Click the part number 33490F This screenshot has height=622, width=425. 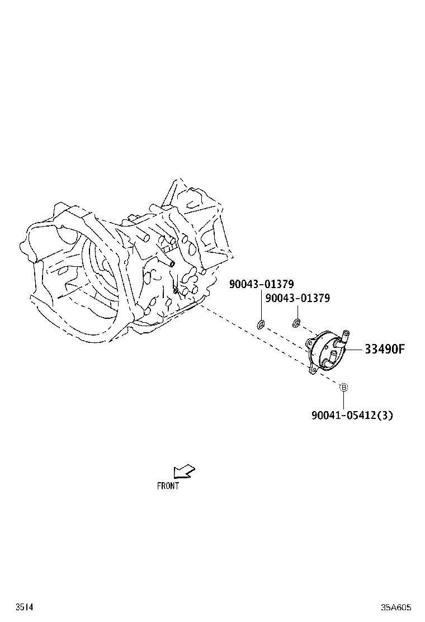(x=384, y=349)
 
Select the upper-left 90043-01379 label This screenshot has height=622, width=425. (x=261, y=284)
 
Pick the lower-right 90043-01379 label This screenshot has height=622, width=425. (x=297, y=298)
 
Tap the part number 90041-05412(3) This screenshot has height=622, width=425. (x=348, y=415)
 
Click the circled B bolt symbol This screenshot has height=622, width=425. (x=344, y=387)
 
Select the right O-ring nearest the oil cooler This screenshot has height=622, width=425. (x=296, y=322)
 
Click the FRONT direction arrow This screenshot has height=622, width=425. (x=184, y=472)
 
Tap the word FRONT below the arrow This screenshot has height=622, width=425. (x=168, y=486)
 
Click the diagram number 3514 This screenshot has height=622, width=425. (x=24, y=607)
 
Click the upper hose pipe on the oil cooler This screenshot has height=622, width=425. (x=344, y=337)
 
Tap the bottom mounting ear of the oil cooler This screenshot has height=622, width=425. (x=314, y=370)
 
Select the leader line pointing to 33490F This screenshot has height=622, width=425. (x=354, y=349)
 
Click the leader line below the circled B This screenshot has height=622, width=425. (x=344, y=399)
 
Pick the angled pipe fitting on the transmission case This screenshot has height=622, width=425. (x=167, y=260)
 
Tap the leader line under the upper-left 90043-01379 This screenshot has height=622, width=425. (x=261, y=305)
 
